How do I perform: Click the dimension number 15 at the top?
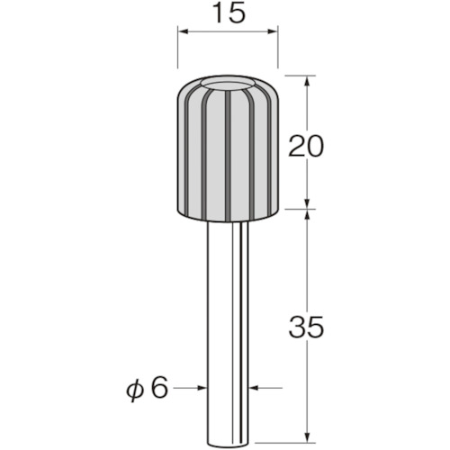pos(229,13)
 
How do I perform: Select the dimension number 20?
pos(306,146)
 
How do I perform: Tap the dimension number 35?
pos(306,327)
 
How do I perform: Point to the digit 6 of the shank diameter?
pos(159,388)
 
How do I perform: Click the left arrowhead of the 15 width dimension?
pos(183,31)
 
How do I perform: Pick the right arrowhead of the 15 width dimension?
pos(273,31)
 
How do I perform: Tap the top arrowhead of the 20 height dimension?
pos(307,80)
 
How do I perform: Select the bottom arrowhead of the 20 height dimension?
pos(307,203)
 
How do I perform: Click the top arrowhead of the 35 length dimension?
pos(307,214)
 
